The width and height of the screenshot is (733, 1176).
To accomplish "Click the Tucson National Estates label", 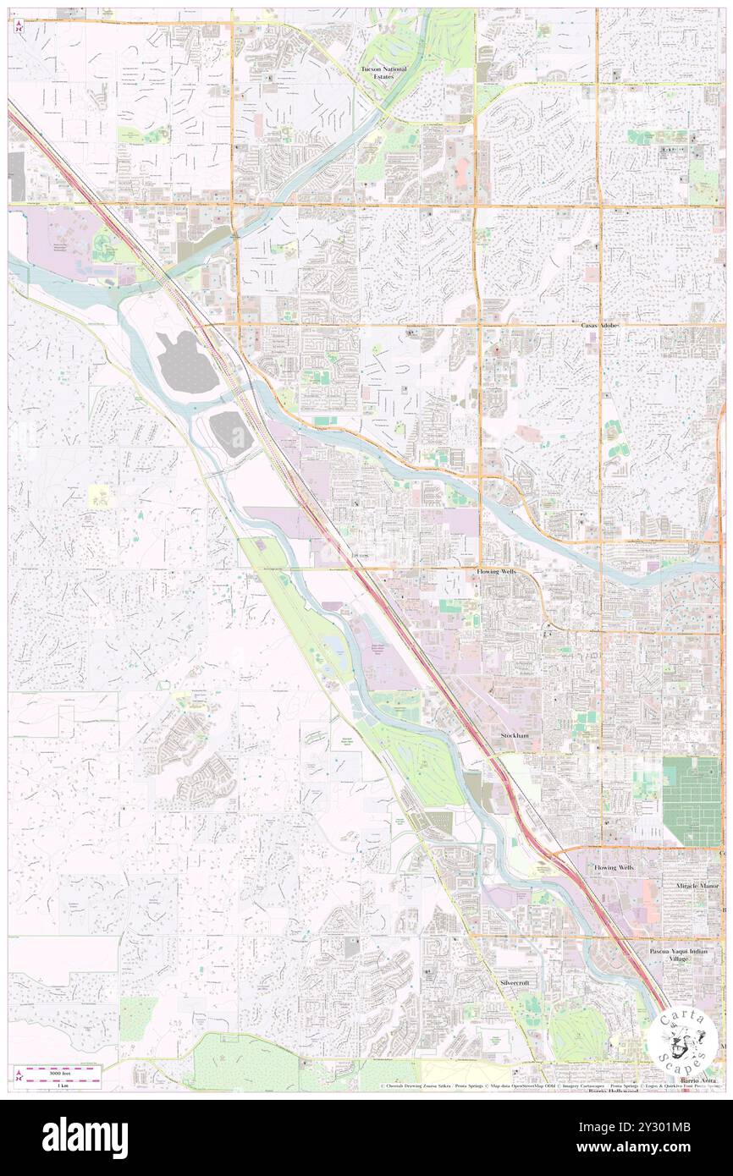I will click(x=383, y=72).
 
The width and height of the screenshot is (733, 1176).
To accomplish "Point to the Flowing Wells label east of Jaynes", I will click(x=500, y=572).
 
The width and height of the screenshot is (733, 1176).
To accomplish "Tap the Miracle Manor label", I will click(x=697, y=886).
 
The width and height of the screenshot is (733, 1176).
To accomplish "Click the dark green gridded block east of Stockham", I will click(x=691, y=800).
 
